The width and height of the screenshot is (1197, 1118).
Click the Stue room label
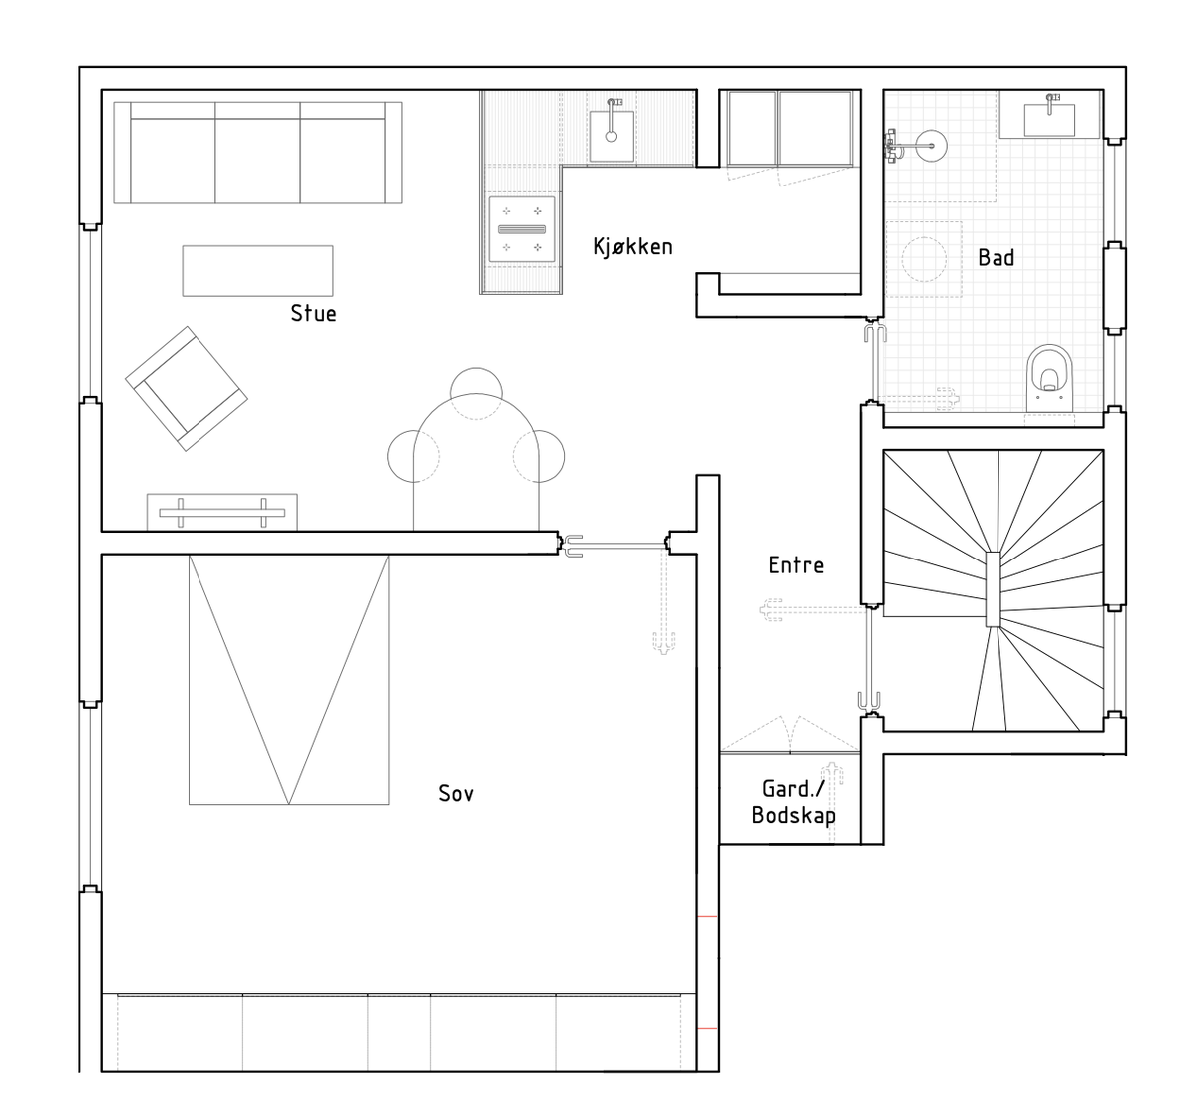click(x=313, y=313)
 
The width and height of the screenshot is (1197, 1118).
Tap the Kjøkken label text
click(x=632, y=247)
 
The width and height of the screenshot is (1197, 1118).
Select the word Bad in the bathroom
click(x=996, y=258)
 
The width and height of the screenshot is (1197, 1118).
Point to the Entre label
click(x=796, y=565)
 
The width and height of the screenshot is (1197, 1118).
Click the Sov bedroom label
click(x=456, y=794)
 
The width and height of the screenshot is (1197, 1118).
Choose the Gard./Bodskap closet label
click(x=793, y=802)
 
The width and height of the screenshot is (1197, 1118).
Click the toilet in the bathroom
click(x=1050, y=377)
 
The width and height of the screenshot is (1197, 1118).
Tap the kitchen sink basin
click(x=611, y=137)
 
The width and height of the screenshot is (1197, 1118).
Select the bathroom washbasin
click(x=1049, y=120)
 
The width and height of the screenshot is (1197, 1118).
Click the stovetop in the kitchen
click(x=522, y=229)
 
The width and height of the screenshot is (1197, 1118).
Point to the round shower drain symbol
click(x=932, y=146)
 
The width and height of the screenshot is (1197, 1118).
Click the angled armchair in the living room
click(x=187, y=389)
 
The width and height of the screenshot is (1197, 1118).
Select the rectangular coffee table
click(x=258, y=270)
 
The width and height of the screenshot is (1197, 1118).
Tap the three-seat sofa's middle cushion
click(x=257, y=160)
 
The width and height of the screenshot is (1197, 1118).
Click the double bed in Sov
click(x=288, y=679)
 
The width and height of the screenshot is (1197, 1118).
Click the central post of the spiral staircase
click(x=993, y=588)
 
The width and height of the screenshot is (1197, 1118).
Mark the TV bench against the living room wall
click(x=221, y=513)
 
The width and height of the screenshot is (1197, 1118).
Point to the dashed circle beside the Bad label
click(x=924, y=259)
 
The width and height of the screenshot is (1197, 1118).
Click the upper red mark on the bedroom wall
click(x=707, y=917)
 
